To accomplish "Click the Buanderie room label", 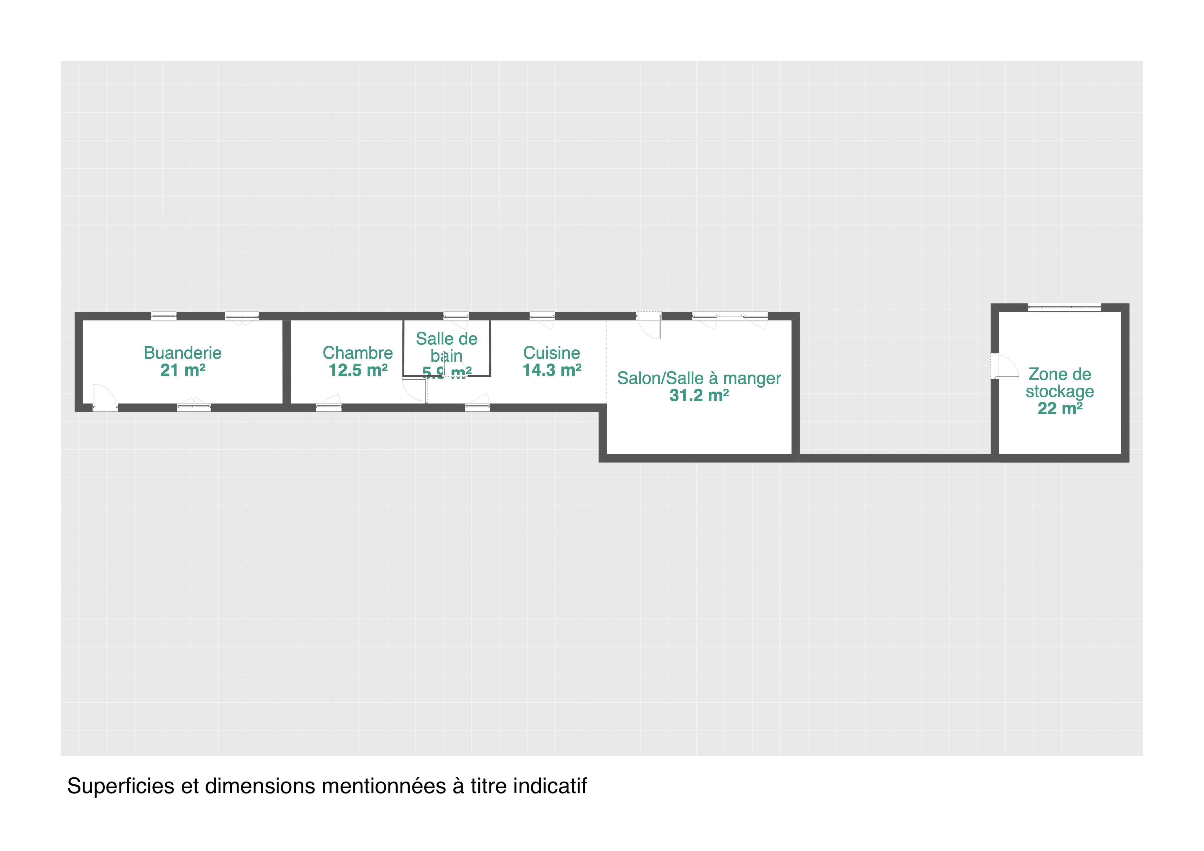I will [182, 353].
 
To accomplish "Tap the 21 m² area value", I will [182, 370].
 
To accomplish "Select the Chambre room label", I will [358, 353].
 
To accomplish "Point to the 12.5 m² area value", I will [358, 370].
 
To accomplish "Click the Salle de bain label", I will [446, 347].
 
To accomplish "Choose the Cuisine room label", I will [552, 353].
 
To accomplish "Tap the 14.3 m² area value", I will [552, 370].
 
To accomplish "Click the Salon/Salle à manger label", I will [699, 378].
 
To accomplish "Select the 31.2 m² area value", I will [699, 395].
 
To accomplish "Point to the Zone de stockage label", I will [1059, 383].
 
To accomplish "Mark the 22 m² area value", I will [1060, 408].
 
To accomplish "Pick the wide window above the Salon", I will [730, 316].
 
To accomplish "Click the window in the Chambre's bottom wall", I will [329, 408].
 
